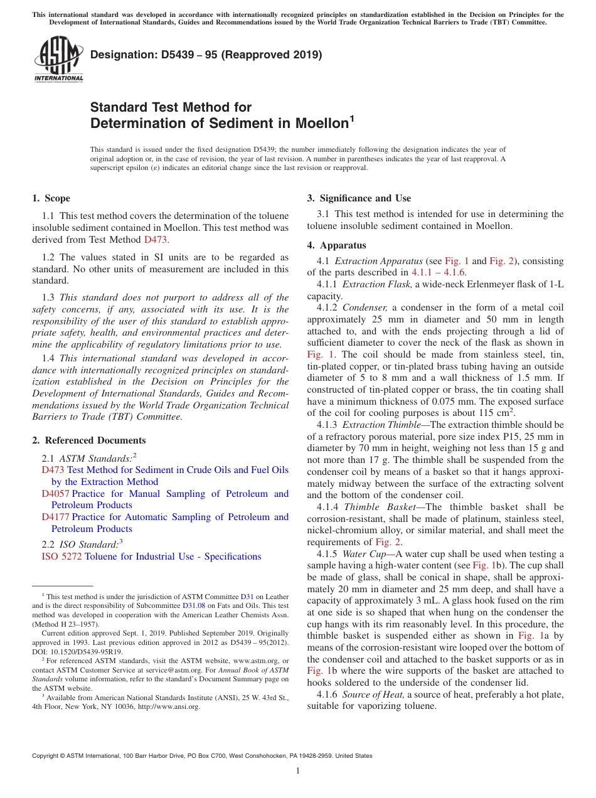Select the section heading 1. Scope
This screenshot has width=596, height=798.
[51, 198]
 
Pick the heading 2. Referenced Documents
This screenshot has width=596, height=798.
[88, 440]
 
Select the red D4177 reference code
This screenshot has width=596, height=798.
[55, 517]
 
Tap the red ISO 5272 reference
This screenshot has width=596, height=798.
[61, 556]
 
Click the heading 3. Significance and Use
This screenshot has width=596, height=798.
[359, 198]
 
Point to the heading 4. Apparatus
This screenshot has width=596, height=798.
[336, 245]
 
